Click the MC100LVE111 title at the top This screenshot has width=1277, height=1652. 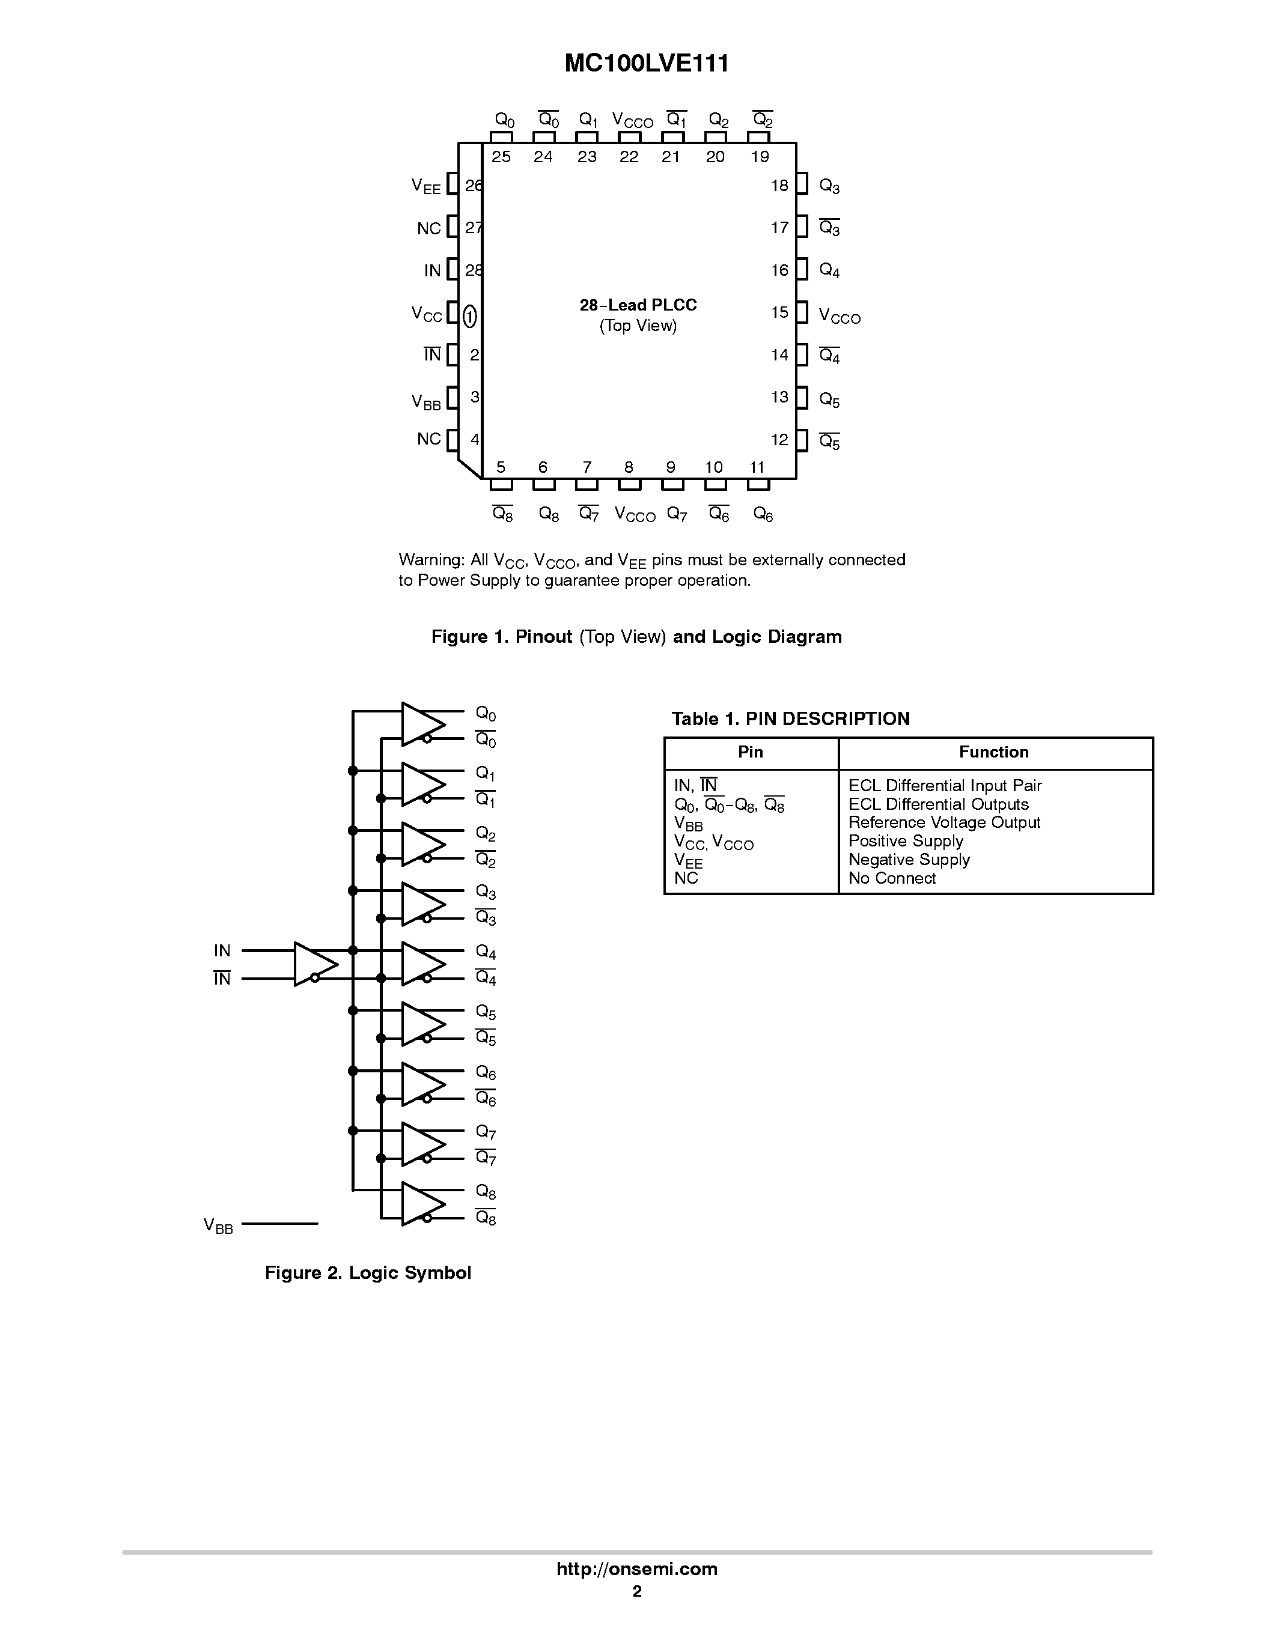646,64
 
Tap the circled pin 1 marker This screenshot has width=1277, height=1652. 470,316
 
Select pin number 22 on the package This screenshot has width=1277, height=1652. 629,157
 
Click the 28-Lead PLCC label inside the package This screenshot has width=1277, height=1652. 638,305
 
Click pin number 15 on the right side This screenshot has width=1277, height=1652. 779,312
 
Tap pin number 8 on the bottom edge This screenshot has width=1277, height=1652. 629,467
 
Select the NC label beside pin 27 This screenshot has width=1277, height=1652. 428,228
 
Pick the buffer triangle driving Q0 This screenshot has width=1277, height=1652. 422,724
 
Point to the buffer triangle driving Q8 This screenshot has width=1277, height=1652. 422,1203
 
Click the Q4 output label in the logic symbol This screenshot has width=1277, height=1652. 485,952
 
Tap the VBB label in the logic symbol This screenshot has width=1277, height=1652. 218,1226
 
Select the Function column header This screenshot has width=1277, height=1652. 993,752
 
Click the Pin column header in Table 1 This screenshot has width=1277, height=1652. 750,752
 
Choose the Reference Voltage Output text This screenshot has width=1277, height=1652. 943,822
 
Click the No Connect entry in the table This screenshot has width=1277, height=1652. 891,878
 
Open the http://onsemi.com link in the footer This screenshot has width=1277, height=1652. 636,1568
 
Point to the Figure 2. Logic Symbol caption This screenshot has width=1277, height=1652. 368,1273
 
